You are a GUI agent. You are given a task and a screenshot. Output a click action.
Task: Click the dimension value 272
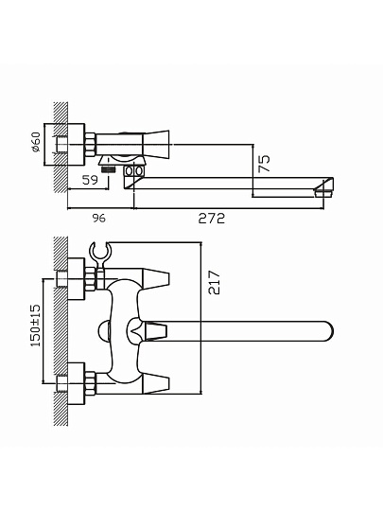pyautogui.click(x=212, y=218)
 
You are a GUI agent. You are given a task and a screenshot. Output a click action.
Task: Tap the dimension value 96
pyautogui.click(x=98, y=218)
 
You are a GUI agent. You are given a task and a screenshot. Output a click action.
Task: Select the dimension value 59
pyautogui.click(x=90, y=180)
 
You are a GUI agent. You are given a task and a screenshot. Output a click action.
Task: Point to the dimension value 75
pyautogui.click(x=264, y=164)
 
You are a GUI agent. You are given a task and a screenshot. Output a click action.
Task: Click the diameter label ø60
pyautogui.click(x=36, y=142)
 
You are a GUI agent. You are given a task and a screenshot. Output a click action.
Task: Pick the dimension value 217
pyautogui.click(x=215, y=282)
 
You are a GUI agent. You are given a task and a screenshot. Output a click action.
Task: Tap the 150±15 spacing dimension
pyautogui.click(x=35, y=326)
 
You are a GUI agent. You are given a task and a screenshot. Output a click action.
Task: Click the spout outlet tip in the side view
pyautogui.click(x=323, y=190)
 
